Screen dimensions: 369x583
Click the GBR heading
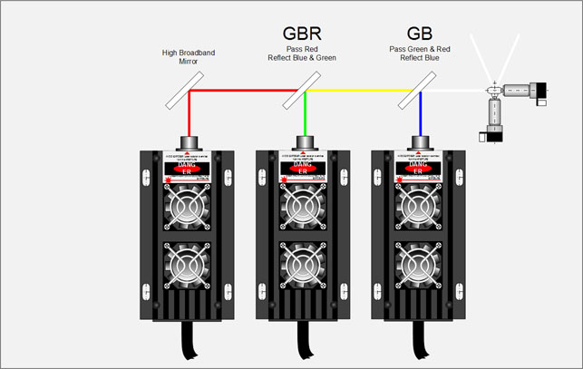point(302,35)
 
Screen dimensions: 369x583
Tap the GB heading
point(418,35)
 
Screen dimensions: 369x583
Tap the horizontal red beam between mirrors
point(245,92)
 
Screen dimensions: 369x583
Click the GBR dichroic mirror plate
point(303,91)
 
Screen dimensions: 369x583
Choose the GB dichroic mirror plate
point(418,91)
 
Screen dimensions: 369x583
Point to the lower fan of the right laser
point(419,269)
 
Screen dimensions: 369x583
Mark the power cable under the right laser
point(419,345)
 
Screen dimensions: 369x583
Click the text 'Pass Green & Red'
point(418,49)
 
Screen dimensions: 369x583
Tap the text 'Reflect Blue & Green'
point(302,58)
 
